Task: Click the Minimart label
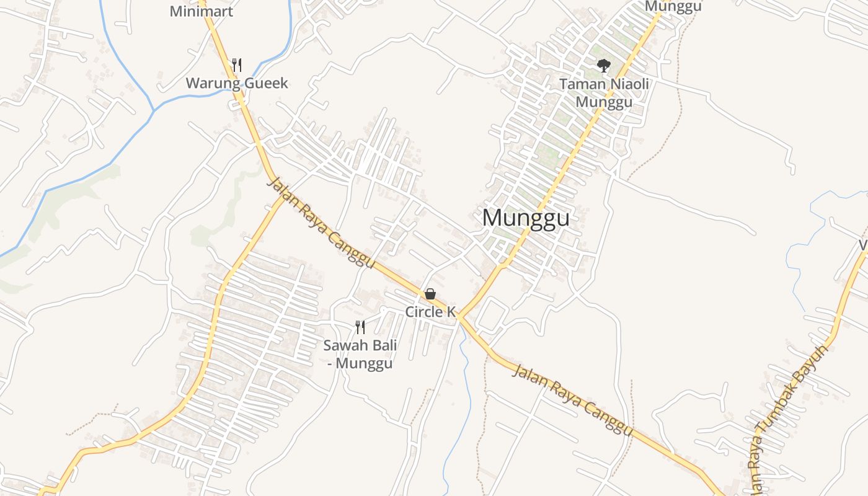coord(201,11)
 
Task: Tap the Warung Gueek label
coord(237,83)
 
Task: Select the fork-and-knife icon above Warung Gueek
coord(236,64)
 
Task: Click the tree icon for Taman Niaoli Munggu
coord(603,65)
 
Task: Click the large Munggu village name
coord(526,218)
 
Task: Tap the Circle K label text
coord(430,311)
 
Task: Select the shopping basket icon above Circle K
coord(430,294)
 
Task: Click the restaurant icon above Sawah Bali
coord(360,327)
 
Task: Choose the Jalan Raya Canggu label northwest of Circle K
coord(321,223)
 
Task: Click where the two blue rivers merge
coord(154,110)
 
